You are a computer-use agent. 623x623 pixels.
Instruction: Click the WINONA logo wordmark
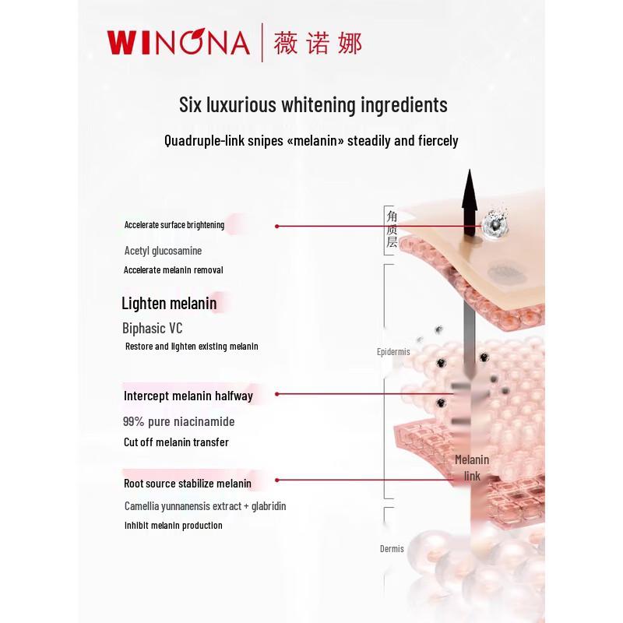pos(178,42)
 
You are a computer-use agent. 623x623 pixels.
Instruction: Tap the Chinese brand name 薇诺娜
pos(318,42)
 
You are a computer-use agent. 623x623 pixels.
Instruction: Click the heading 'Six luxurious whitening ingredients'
pos(313,104)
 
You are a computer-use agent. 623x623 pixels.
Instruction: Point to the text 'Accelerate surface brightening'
pos(174,225)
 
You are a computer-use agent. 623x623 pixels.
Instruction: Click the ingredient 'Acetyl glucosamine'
pos(163,251)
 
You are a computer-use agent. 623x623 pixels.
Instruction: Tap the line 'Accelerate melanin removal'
pos(174,270)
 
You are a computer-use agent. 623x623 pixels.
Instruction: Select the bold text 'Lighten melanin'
pos(169,303)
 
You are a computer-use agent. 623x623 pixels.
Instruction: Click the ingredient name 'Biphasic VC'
pos(153,328)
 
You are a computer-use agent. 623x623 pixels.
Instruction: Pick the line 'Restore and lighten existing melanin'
pos(192,346)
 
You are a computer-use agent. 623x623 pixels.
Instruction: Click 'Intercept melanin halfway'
pos(188,396)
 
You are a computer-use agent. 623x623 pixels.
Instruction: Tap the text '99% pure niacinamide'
pos(178,421)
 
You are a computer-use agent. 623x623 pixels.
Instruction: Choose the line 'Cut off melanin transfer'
pos(176,442)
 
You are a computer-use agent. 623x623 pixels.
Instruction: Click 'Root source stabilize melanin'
pos(188,484)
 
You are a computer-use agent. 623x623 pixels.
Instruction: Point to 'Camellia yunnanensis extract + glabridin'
pos(205,506)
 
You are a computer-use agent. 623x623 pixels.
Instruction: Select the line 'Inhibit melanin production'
pos(173,526)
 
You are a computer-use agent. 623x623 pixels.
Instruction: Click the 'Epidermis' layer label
pos(393,352)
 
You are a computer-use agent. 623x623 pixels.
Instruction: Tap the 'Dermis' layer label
pos(392,549)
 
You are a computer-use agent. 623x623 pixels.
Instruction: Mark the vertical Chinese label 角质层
pos(392,229)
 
